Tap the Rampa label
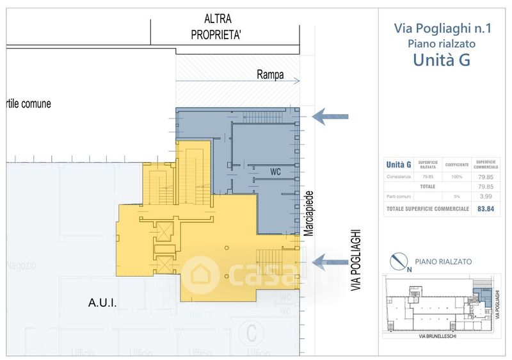[270, 75]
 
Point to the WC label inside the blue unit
[276, 172]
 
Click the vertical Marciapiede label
[308, 214]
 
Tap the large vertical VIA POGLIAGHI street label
[356, 261]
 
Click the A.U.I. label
[102, 304]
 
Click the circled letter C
[252, 333]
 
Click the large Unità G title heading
[442, 60]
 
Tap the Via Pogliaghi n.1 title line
[442, 29]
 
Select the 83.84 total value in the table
[484, 209]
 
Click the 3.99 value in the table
[484, 197]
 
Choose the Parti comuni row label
[398, 197]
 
